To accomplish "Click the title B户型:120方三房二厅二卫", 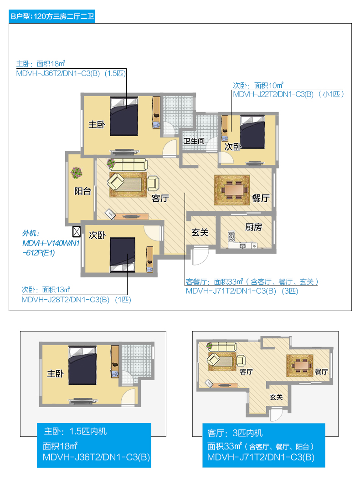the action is tap(52, 16).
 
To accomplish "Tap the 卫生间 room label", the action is tap(194, 141).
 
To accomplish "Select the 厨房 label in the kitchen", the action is tap(253, 227).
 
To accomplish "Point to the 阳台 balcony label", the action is tap(83, 191).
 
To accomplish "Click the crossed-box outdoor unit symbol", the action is tap(77, 231).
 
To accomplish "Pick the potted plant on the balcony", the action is tap(77, 173).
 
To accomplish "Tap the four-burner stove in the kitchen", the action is tap(231, 236).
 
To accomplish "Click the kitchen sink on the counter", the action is tap(242, 245).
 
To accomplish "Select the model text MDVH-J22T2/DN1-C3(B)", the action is tap(273, 94).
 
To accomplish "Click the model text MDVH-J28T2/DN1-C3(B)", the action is tap(65, 300).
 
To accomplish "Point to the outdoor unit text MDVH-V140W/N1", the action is tap(51, 243).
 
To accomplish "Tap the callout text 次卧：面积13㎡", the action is tap(46, 290).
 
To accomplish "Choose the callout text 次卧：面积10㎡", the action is tap(258, 85).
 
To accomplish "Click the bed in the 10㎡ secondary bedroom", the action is tap(252, 132).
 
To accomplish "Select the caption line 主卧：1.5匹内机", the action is tap(75, 431).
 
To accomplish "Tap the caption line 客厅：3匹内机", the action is tap(235, 433).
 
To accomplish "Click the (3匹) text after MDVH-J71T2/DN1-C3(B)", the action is tap(290, 291).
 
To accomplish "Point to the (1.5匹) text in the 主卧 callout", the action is tap(115, 74).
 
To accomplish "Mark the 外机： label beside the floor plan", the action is tap(31, 233).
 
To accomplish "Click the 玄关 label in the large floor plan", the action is tap(200, 233).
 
